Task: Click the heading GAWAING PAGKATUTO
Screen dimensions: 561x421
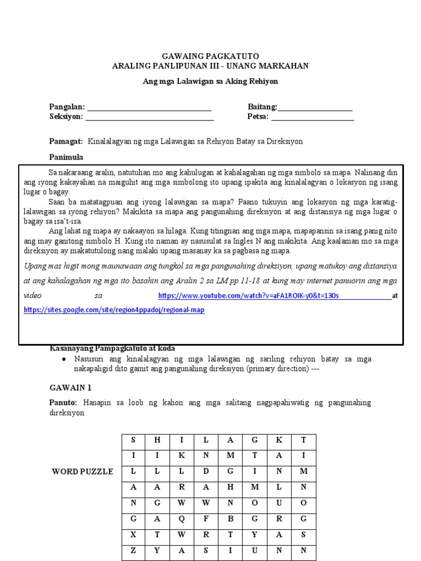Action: pos(210,56)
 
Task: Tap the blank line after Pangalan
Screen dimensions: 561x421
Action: pos(149,107)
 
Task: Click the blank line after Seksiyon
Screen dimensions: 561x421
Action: pos(149,117)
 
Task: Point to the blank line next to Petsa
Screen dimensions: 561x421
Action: pos(312,117)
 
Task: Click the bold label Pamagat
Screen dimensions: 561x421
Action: pos(66,141)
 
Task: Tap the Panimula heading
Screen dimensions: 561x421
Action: pos(66,157)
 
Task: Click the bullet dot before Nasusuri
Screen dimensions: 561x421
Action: pos(65,359)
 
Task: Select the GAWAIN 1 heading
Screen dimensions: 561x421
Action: pos(70,387)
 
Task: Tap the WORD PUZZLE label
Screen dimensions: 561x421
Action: pos(83,472)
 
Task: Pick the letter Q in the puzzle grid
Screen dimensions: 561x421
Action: pos(181,519)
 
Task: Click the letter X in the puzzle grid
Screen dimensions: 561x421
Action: pos(133,535)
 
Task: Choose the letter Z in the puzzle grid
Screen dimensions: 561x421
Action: pos(133,551)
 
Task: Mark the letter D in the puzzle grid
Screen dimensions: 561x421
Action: pos(206,471)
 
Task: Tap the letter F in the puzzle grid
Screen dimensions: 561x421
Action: pos(206,519)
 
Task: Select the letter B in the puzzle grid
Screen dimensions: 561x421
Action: pos(231,519)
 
